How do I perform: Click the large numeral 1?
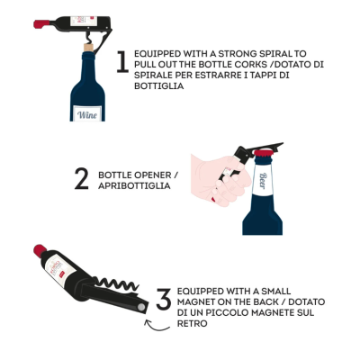122,62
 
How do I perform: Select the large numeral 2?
82,179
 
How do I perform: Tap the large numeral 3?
164,299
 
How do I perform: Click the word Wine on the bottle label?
87,114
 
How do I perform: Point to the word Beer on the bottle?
262,181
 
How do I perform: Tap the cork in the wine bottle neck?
88,48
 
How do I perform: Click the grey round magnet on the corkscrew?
140,307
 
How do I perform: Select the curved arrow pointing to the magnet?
156,327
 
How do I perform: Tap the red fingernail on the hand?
212,200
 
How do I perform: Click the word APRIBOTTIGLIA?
134,185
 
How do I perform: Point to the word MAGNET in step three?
196,301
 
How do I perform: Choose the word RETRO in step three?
193,323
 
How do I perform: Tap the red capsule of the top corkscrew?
41,24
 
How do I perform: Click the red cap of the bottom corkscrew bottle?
40,251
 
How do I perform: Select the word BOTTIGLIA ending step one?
159,86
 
